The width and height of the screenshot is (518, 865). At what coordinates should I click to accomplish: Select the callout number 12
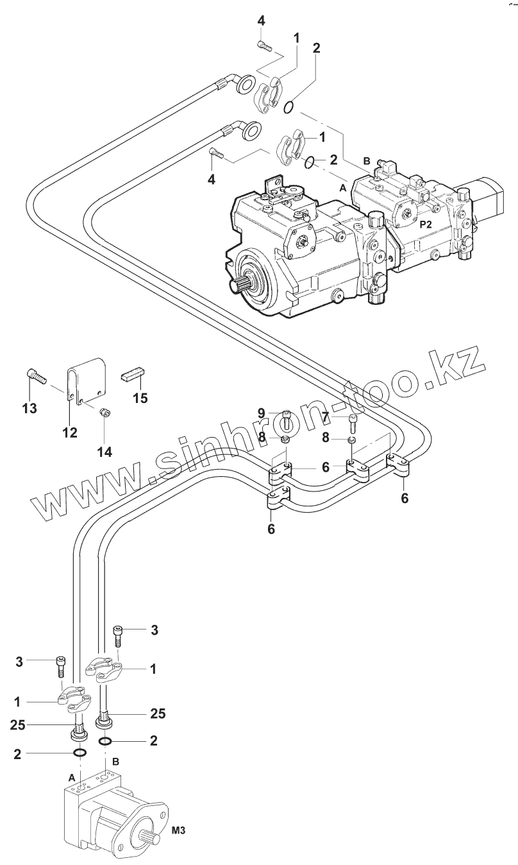pyautogui.click(x=69, y=432)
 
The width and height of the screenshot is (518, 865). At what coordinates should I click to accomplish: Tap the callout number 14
pyautogui.click(x=104, y=452)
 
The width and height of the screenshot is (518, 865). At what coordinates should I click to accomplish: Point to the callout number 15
pyautogui.click(x=139, y=398)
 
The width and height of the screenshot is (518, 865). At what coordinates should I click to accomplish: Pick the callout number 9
pyautogui.click(x=262, y=412)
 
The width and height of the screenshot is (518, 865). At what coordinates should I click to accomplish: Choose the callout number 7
pyautogui.click(x=325, y=418)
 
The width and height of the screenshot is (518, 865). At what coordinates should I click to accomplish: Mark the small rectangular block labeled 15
pyautogui.click(x=134, y=374)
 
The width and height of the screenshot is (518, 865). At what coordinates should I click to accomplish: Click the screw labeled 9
pyautogui.click(x=287, y=420)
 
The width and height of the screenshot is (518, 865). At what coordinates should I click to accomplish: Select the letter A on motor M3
pyautogui.click(x=72, y=776)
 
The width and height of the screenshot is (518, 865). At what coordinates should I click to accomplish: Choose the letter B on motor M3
pyautogui.click(x=115, y=762)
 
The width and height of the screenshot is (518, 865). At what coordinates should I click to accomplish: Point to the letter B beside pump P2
pyautogui.click(x=367, y=161)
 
